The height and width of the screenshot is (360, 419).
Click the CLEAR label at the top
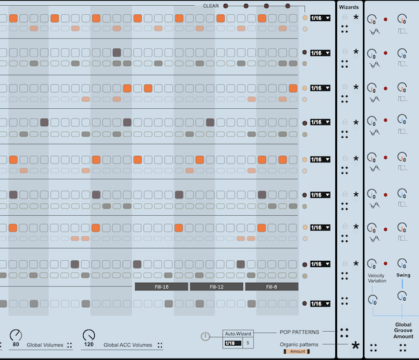(211, 6)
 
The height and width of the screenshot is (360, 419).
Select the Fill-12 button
(216, 287)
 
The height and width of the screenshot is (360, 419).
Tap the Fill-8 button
(271, 287)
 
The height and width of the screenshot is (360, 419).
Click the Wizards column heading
(349, 7)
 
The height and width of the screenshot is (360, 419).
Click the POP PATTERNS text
(299, 332)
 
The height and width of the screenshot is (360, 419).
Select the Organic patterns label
(298, 344)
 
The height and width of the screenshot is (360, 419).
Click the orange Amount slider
(297, 352)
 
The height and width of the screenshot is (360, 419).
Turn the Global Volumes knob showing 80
(15, 335)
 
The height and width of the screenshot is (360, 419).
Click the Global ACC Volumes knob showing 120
(88, 335)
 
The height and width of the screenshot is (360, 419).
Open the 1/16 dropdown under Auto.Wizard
(232, 343)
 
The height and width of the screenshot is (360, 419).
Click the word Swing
(403, 275)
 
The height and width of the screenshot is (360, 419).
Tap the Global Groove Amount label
(404, 330)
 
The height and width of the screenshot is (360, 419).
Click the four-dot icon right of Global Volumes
(69, 345)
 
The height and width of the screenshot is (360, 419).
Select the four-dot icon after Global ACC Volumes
(161, 345)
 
